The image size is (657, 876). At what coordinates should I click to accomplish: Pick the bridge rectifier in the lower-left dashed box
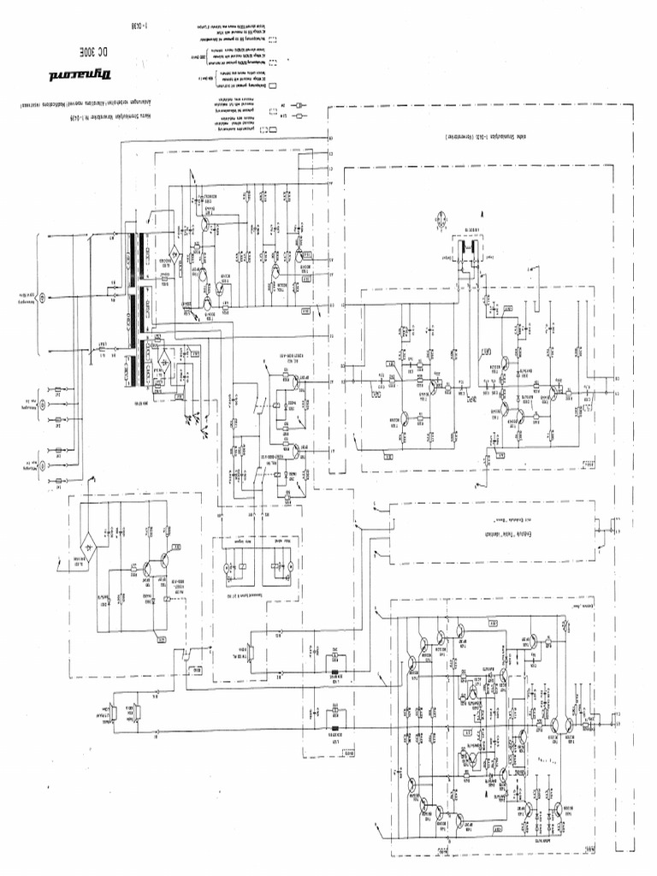(88, 539)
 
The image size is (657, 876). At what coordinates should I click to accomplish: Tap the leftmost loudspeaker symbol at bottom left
(111, 709)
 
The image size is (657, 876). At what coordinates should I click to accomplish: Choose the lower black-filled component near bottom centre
(334, 729)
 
